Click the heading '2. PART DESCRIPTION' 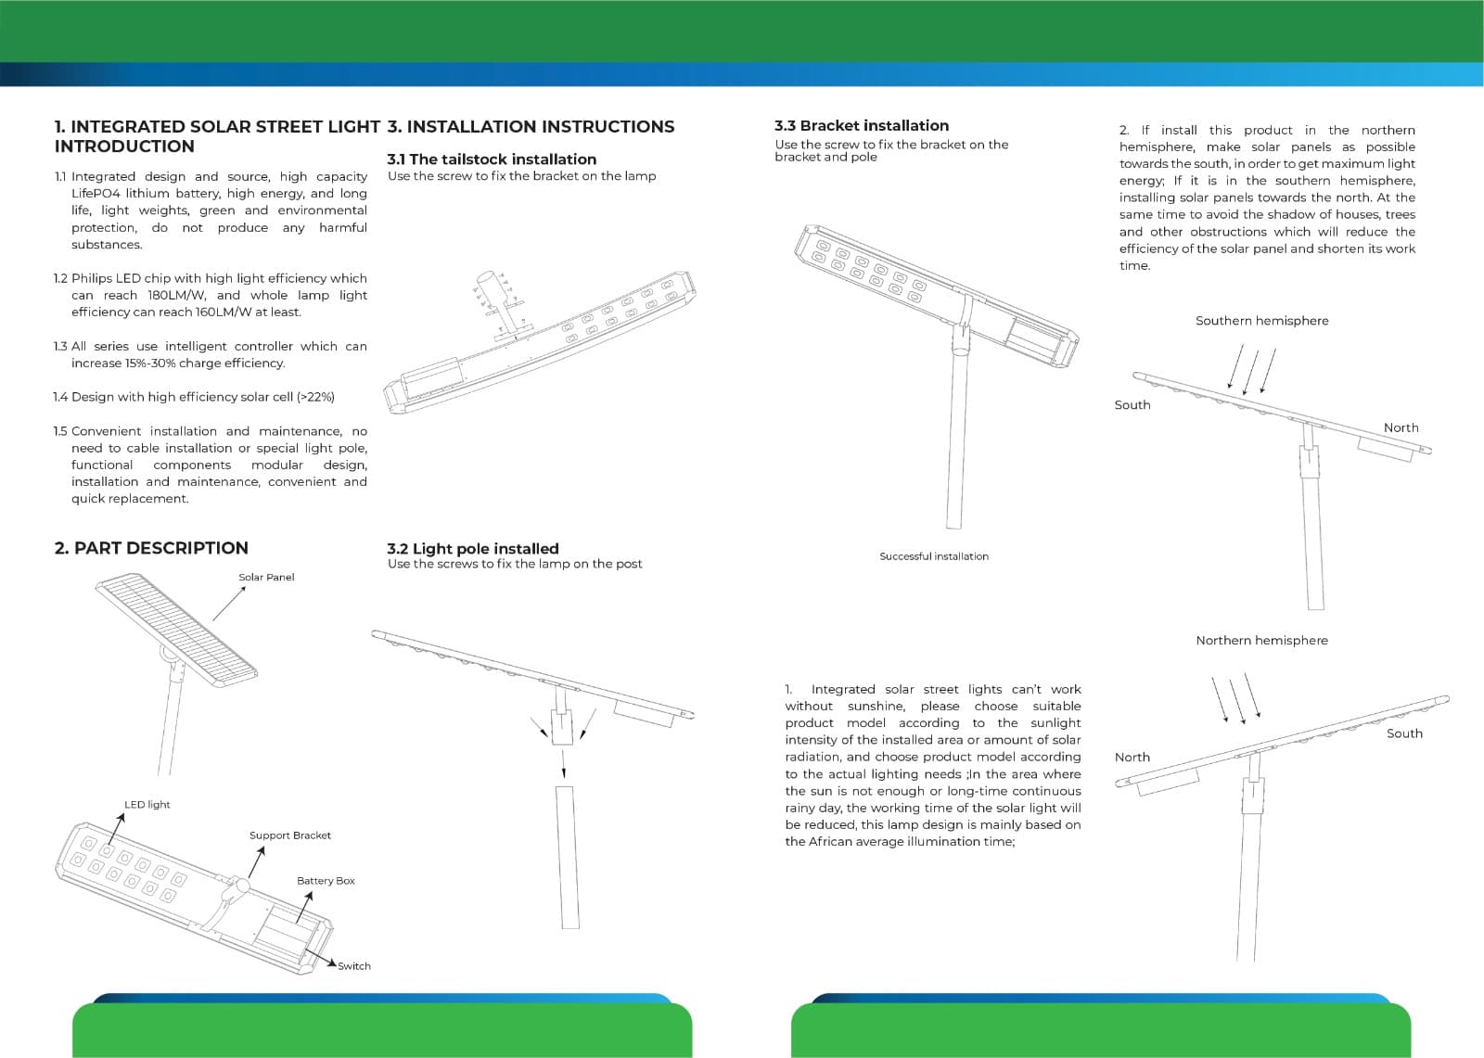click(x=151, y=548)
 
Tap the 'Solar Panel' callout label click(x=266, y=577)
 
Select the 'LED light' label click(x=147, y=804)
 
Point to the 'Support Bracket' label click(x=289, y=835)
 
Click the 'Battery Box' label click(x=326, y=881)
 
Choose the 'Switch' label click(x=353, y=966)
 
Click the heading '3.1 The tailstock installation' click(x=492, y=159)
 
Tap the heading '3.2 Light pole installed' click(x=473, y=549)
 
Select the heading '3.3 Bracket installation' click(x=862, y=125)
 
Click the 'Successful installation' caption click(x=934, y=556)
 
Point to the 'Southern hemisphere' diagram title click(x=1261, y=321)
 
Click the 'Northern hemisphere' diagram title click(x=1261, y=641)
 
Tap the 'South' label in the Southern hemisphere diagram click(x=1132, y=405)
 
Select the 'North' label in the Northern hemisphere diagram click(x=1132, y=758)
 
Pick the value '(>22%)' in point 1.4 click(x=315, y=397)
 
